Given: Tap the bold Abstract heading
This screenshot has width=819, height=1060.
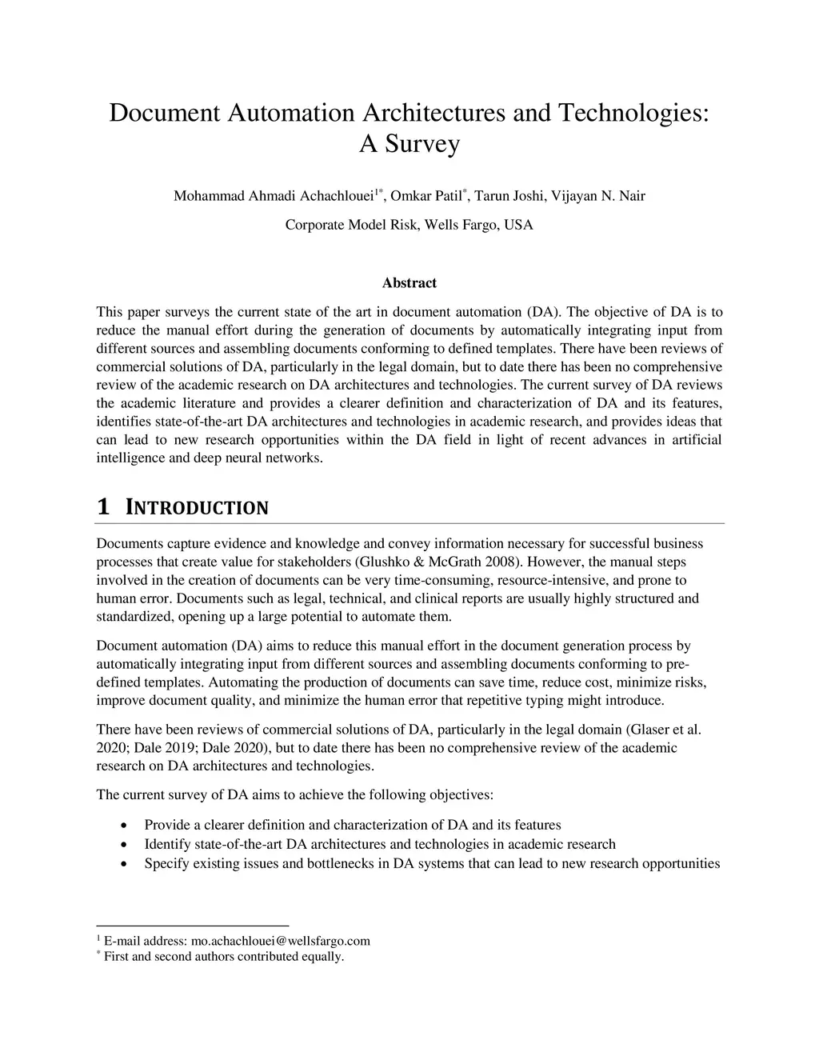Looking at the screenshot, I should click(x=409, y=283).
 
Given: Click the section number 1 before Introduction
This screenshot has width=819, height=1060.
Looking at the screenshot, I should click(x=102, y=507).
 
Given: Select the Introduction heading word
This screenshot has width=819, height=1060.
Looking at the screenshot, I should click(x=198, y=508).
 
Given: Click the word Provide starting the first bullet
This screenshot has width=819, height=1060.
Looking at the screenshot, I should click(x=166, y=825).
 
